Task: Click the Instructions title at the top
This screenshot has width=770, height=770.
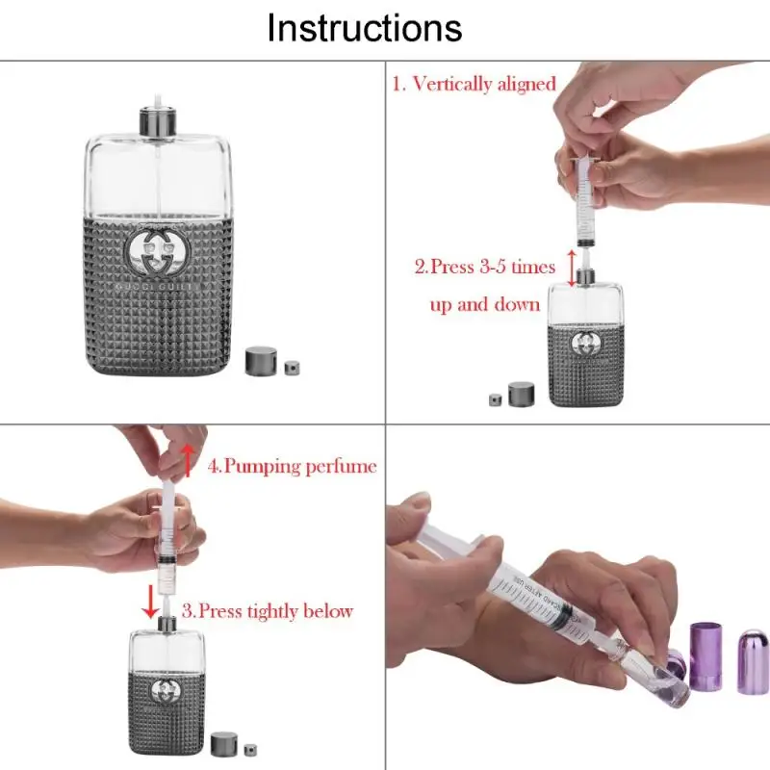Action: pos(364,28)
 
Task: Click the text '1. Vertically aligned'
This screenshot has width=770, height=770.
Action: pos(474,84)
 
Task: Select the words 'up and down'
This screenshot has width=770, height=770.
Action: pos(484,305)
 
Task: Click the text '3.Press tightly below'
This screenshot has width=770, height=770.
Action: pos(268,610)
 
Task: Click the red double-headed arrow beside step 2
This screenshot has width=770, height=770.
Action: pos(571,268)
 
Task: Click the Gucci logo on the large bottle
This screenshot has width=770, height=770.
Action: pos(159,252)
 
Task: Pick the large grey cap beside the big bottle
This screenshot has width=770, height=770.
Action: pos(261,361)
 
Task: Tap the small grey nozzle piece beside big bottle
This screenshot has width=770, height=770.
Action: pos(293,367)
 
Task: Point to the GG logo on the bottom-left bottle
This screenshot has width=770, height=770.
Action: pos(167,687)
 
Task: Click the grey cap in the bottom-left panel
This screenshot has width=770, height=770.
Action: pos(223,743)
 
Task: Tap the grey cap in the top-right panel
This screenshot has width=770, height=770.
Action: pos(522,393)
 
